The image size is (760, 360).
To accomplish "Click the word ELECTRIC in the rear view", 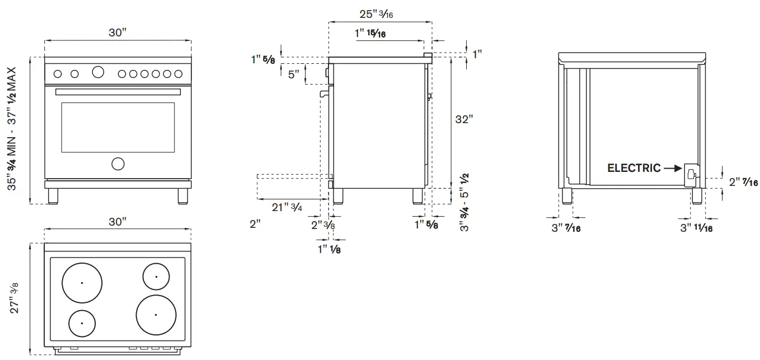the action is tap(634, 168).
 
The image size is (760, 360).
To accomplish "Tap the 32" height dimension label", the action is tap(464, 119).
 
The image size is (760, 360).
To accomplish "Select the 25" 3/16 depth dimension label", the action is tap(376, 14).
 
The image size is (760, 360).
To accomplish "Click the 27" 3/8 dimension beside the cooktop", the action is tap(14, 297).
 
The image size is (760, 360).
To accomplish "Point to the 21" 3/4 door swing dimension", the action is tap(287, 207).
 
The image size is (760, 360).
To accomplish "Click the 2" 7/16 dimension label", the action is tap(743, 182).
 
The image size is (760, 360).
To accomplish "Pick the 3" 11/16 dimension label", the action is tap(696, 228).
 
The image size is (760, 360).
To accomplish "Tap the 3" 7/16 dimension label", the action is tap(566, 228).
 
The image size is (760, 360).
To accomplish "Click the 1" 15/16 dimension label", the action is tap(370, 33).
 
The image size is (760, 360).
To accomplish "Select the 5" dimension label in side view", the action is tap(293, 74).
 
